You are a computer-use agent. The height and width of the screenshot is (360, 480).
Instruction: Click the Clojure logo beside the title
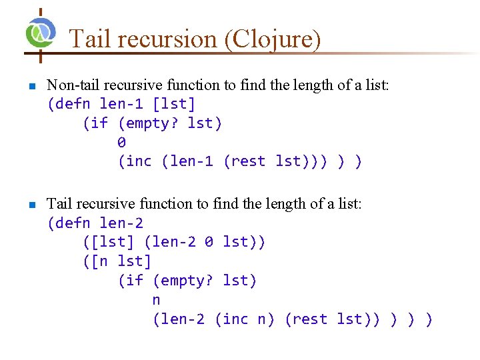[41, 31]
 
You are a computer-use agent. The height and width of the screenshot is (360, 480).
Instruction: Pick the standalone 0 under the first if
[121, 143]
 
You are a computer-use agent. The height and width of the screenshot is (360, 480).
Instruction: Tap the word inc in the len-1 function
[139, 161]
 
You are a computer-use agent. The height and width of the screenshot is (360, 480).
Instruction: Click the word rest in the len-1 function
[247, 161]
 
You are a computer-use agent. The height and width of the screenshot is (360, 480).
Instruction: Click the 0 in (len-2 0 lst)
[209, 242]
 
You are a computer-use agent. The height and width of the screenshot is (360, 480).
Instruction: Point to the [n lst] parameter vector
[117, 261]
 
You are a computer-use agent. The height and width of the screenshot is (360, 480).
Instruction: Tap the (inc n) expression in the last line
[245, 319]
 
